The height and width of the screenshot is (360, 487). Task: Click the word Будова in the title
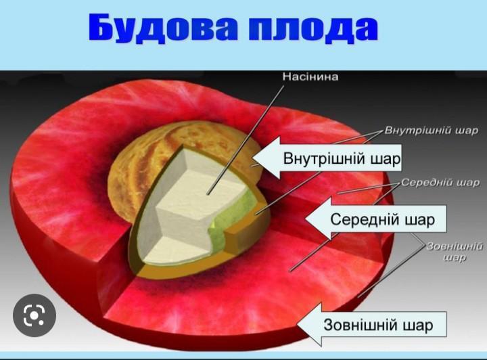tap(164, 27)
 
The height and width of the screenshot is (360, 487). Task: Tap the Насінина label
tap(310, 76)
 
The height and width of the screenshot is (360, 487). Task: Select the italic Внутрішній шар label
tap(432, 131)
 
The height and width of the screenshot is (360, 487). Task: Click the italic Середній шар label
tap(440, 183)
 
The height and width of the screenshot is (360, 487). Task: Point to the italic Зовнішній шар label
tap(455, 252)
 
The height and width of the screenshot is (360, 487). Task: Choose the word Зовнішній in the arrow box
tap(361, 325)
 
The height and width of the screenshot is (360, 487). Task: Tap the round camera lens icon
tap(34, 315)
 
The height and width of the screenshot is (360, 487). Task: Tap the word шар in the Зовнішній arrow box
tap(418, 325)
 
